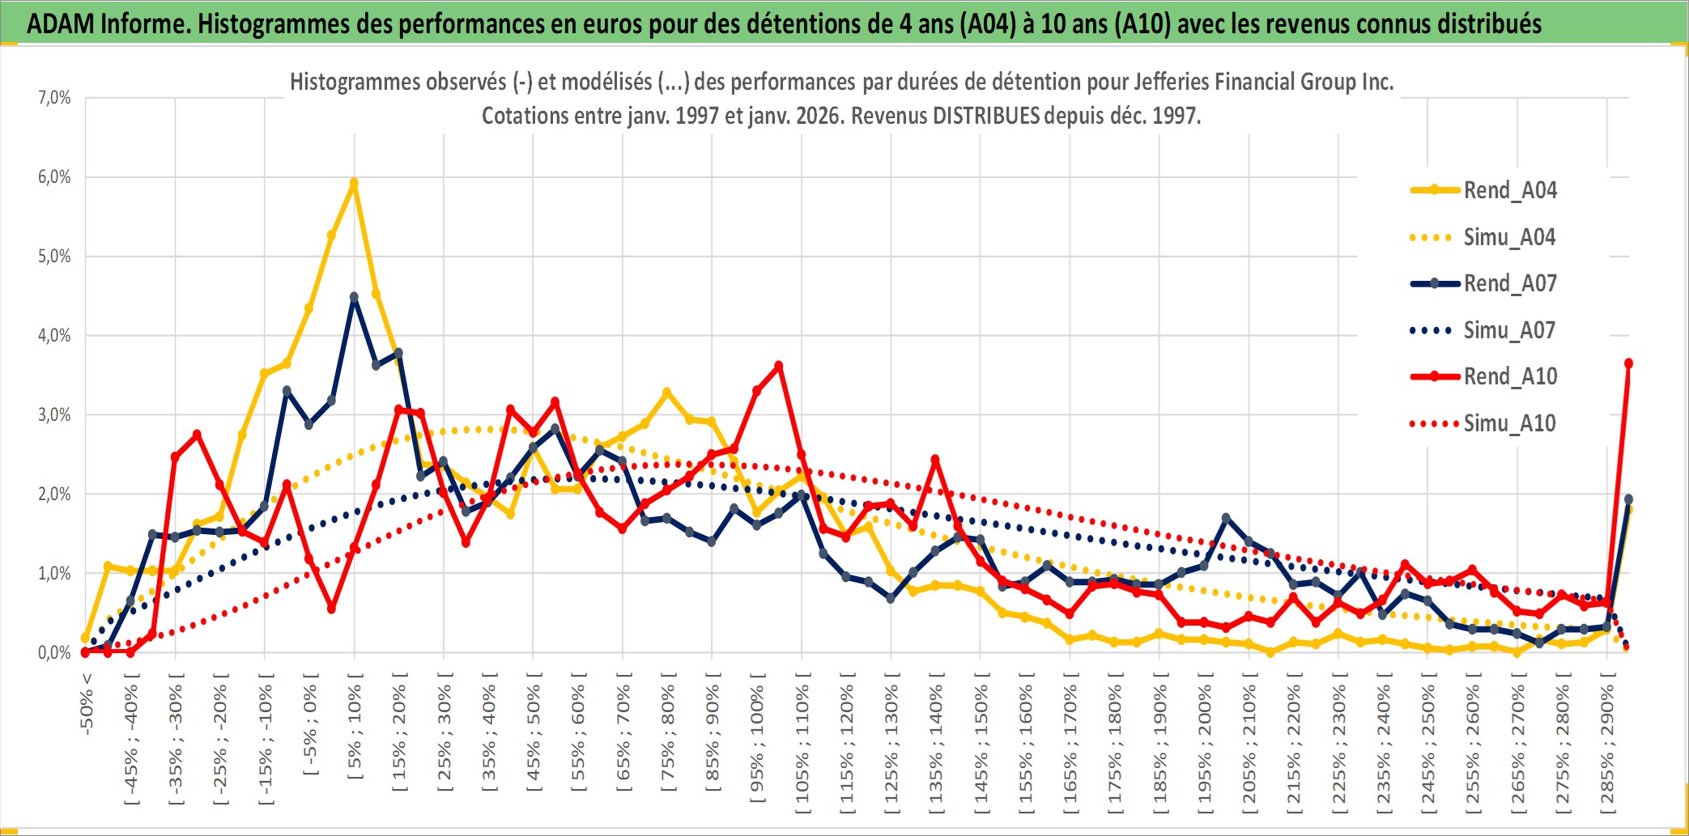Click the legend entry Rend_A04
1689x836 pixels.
pos(1509,190)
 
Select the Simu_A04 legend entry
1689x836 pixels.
pos(1509,237)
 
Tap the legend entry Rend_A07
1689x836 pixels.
pos(1509,283)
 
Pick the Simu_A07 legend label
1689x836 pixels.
pos(1509,330)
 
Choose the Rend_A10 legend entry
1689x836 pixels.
pos(1509,376)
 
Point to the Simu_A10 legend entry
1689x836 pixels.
pos(1509,423)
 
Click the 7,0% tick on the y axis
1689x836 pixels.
pos(54,98)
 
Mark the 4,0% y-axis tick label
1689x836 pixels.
pos(54,335)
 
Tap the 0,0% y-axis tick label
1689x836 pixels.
pos(54,652)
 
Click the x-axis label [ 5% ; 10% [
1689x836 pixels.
pos(355,732)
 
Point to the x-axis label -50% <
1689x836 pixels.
pos(87,704)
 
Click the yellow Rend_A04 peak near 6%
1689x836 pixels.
pos(354,183)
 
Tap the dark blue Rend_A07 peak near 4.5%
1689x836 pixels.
pos(354,297)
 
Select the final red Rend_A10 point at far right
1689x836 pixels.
pos(1628,363)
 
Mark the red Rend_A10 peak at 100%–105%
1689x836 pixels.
pos(779,366)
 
